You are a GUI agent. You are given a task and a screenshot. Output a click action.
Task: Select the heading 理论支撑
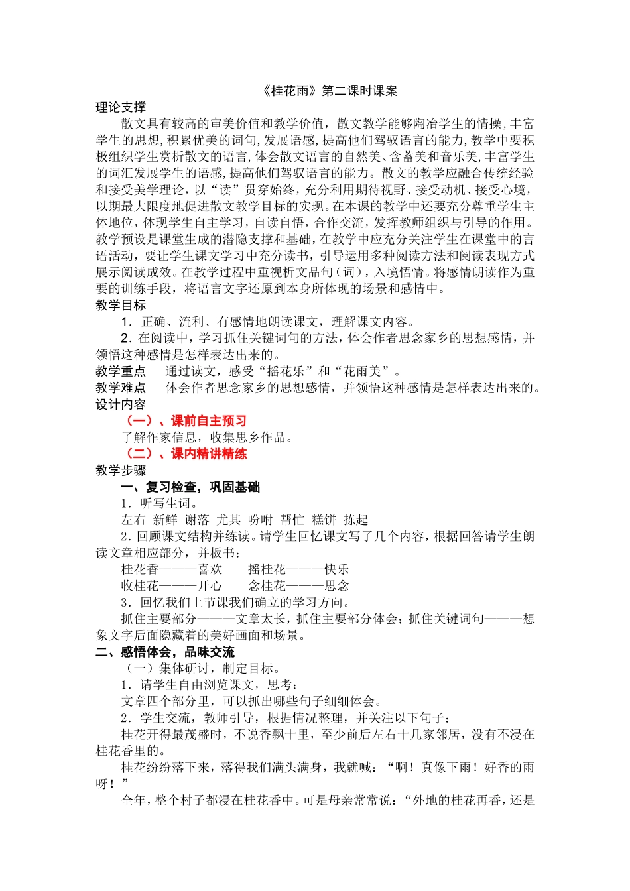(121, 107)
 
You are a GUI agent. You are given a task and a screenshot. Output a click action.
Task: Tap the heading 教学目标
(121, 305)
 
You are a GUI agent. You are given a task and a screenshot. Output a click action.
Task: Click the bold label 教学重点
(121, 371)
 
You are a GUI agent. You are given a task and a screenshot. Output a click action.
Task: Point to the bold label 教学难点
(121, 388)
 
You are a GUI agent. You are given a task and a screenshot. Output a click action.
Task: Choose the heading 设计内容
(121, 404)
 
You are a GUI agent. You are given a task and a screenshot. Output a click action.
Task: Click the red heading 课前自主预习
(208, 421)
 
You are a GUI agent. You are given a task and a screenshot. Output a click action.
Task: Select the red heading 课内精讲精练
(208, 454)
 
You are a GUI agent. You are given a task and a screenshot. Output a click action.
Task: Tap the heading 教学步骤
(121, 471)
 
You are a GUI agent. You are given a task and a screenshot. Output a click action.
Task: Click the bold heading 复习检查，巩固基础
(202, 487)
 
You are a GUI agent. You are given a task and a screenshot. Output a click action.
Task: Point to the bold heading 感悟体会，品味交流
(177, 652)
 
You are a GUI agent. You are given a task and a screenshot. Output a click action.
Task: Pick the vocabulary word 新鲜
(165, 520)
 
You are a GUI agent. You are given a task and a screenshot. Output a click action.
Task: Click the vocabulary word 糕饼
(324, 520)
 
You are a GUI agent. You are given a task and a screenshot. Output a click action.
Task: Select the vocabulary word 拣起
(355, 520)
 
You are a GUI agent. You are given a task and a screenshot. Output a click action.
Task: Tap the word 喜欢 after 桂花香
(210, 569)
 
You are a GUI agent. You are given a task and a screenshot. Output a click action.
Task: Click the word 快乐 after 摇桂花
(337, 569)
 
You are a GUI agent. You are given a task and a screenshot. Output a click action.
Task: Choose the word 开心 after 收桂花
(210, 586)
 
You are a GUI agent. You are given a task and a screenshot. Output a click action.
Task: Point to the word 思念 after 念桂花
(337, 586)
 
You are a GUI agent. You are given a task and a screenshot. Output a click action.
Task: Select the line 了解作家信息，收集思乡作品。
(207, 438)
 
